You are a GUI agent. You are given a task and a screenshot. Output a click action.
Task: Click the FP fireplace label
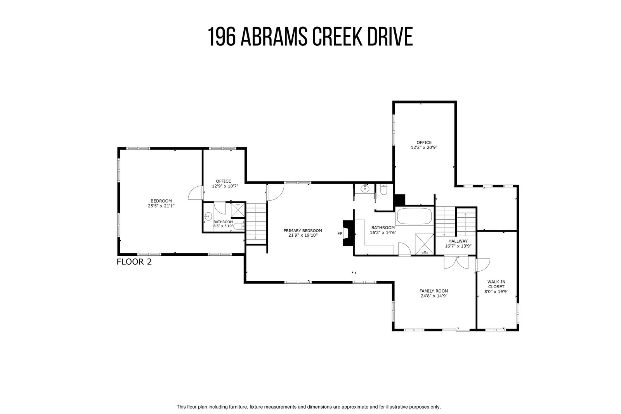tap(340, 234)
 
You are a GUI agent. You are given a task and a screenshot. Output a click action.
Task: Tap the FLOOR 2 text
tap(134, 262)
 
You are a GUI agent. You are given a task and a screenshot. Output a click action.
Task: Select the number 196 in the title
tap(222, 36)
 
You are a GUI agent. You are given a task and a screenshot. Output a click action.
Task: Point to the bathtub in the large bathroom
tap(415, 216)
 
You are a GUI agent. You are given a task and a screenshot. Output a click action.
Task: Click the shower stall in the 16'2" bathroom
tap(424, 244)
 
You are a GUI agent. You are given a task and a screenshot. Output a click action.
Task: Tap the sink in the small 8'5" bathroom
tap(208, 216)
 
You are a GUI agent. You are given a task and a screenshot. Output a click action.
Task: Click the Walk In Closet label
tap(496, 284)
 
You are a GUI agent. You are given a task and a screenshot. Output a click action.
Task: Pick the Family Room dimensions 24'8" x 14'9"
tap(434, 296)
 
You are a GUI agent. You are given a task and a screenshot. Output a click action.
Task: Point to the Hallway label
tap(458, 241)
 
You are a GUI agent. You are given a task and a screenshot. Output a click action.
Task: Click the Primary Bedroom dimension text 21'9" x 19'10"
tap(303, 235)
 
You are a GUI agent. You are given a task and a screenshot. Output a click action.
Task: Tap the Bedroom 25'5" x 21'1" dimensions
tap(161, 206)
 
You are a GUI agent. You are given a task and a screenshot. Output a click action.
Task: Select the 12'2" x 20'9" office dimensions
tap(424, 147)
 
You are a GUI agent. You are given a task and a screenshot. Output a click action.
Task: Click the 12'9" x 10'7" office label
tap(224, 184)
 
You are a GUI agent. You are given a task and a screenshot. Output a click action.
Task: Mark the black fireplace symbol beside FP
tap(349, 233)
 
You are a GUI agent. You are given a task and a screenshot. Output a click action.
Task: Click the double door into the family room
tap(456, 262)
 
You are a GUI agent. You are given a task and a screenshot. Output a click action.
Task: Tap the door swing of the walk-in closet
tap(483, 265)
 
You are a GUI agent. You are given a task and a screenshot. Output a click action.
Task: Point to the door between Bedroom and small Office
tap(196, 192)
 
